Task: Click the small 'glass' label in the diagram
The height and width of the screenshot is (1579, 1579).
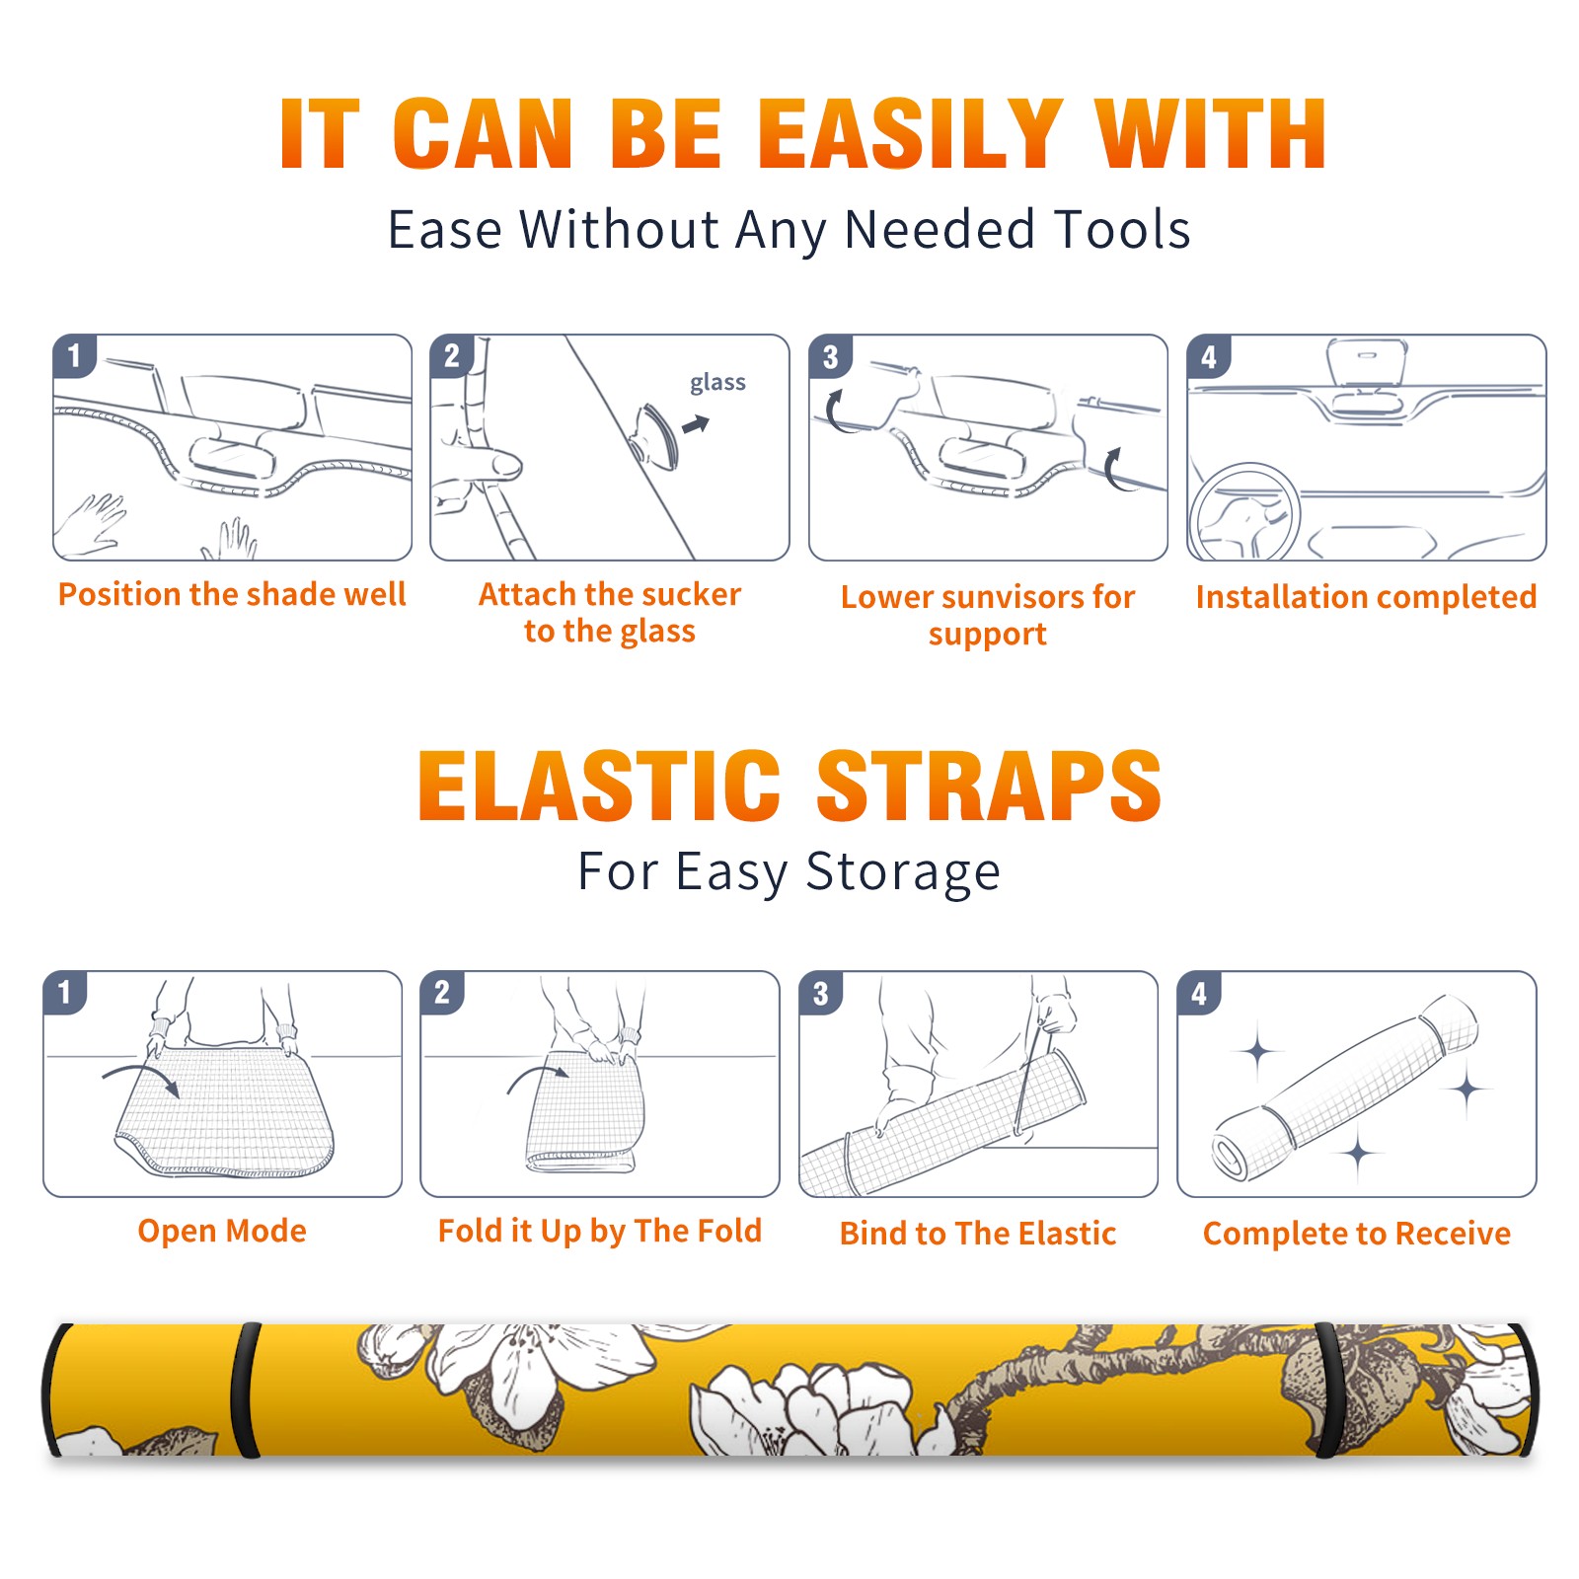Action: tap(717, 383)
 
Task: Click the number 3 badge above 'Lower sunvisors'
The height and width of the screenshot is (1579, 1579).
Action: tap(830, 357)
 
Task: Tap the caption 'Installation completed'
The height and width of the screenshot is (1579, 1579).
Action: tap(1366, 597)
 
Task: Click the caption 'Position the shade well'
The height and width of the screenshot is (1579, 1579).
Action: tap(232, 594)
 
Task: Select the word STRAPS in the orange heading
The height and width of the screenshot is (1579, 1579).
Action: tap(989, 786)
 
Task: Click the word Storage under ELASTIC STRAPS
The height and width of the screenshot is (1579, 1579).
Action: tap(902, 872)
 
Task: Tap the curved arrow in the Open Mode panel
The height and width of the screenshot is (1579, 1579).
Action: tap(141, 1077)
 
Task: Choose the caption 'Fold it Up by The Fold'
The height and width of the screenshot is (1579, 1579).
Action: tap(600, 1231)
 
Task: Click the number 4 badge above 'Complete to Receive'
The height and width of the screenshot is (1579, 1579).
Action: tap(1198, 993)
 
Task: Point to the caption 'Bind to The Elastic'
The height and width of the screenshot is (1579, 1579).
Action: tap(978, 1234)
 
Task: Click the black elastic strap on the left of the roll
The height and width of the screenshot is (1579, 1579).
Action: tap(245, 1390)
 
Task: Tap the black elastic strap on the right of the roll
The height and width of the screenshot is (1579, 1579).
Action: tap(1328, 1390)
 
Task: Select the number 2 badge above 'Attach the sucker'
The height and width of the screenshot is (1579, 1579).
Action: tap(452, 356)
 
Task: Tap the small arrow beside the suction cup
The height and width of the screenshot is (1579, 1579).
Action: tap(697, 424)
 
